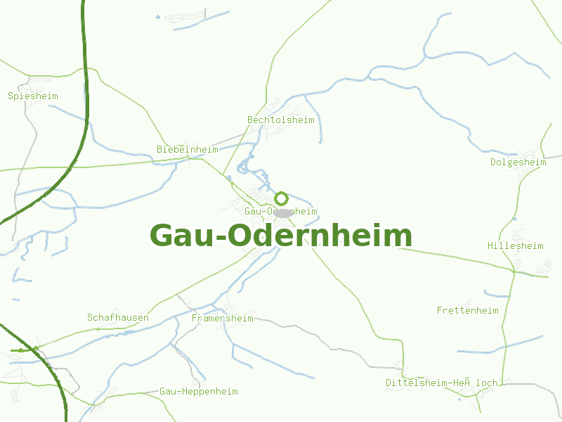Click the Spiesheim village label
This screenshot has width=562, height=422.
click(33, 96)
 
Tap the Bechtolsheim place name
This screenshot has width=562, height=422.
click(281, 120)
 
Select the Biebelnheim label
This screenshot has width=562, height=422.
click(187, 149)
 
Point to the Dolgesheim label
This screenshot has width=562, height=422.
click(518, 162)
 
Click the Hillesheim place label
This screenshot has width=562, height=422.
click(516, 245)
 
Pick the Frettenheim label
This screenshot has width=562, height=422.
click(467, 310)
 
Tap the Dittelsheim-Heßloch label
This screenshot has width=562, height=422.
click(441, 383)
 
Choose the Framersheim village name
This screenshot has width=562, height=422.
click(222, 318)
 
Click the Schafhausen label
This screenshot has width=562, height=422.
click(118, 317)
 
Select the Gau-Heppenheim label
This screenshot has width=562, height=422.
click(199, 391)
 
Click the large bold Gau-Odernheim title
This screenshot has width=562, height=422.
click(281, 236)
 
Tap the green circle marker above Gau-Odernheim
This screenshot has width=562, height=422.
click(282, 198)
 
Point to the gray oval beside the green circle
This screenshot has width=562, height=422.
click(282, 212)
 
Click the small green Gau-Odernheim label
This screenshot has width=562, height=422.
click(281, 211)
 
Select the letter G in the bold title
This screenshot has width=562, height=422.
click(162, 236)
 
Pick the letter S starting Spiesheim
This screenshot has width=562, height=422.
click(11, 96)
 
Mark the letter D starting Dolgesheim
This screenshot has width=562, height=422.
click(493, 162)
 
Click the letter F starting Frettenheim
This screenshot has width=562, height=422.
click(440, 310)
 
